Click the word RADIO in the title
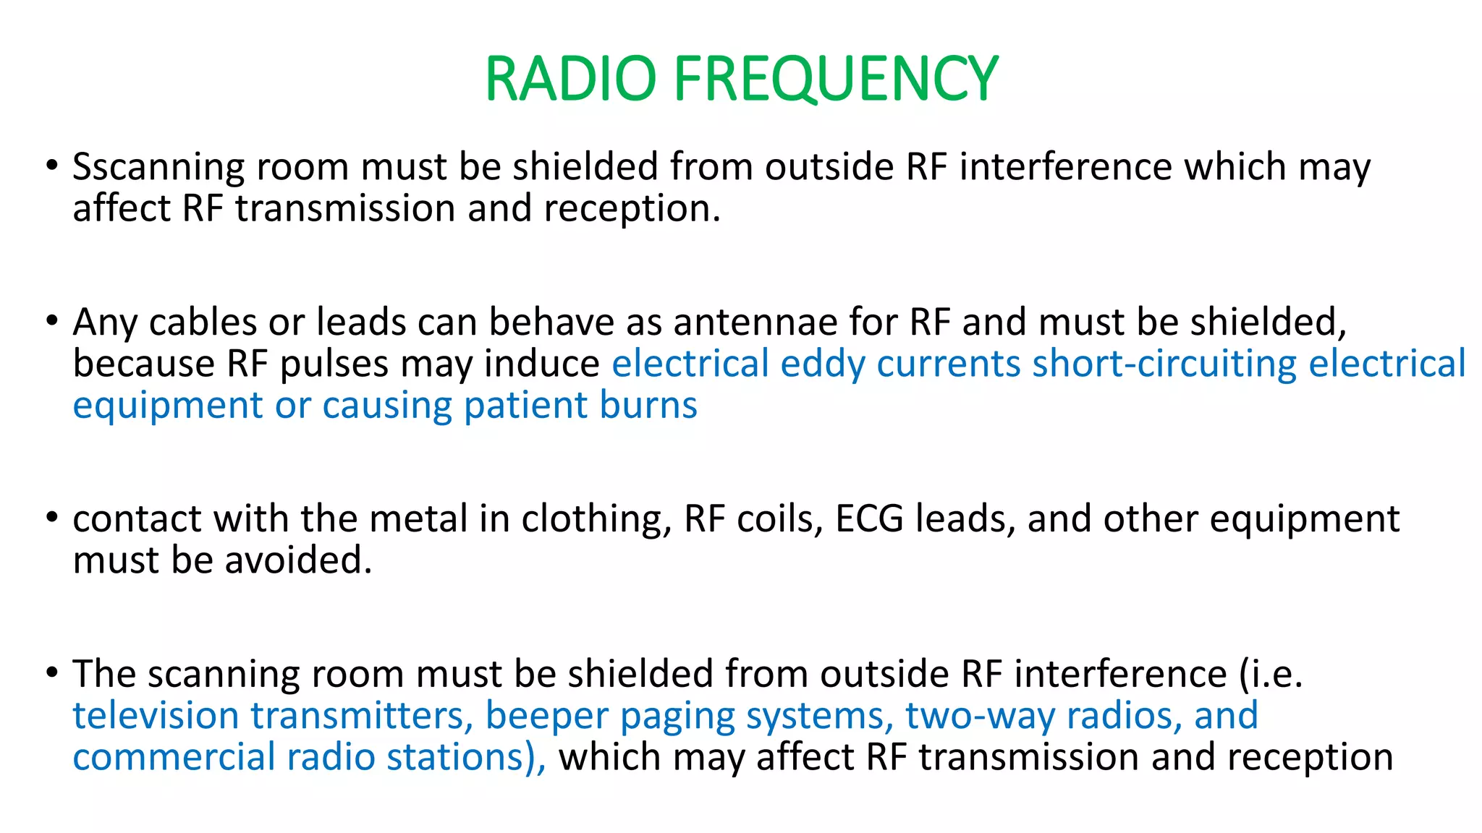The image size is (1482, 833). (570, 79)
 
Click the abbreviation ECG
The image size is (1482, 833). (869, 519)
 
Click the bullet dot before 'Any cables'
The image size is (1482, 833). (51, 320)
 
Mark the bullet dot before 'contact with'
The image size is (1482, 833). (51, 518)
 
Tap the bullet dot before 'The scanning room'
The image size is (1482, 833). (51, 672)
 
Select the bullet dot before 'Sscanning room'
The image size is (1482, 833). (51, 166)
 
